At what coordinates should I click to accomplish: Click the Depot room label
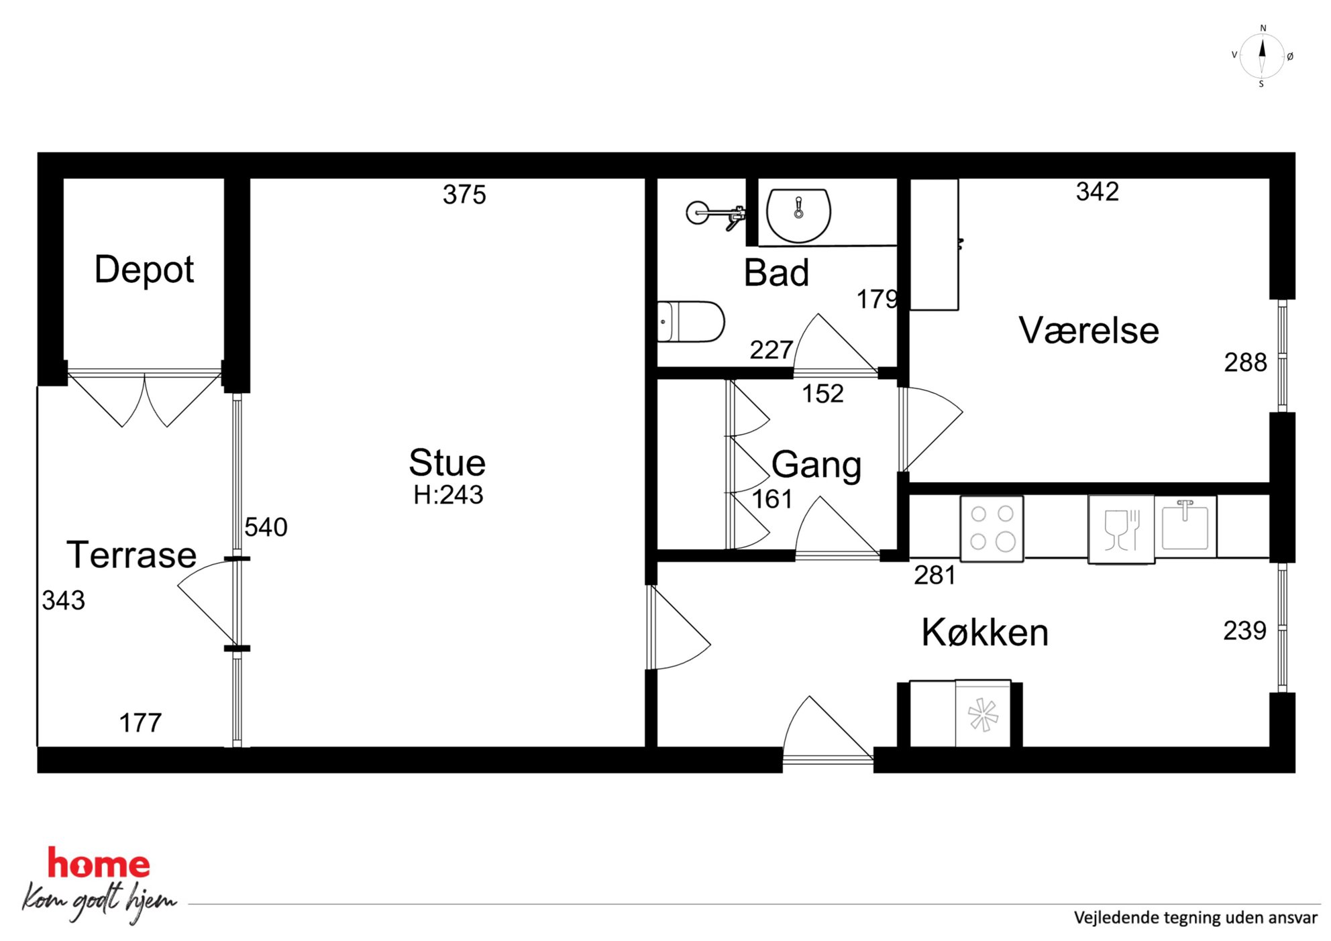coord(144,270)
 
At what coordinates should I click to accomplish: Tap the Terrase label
coord(131,555)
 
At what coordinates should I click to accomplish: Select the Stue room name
coord(447,462)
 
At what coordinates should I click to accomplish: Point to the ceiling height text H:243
coord(448,495)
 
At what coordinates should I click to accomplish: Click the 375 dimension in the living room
coord(464,195)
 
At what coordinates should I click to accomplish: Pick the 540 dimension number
coord(266,527)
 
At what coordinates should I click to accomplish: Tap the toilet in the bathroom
coord(691,322)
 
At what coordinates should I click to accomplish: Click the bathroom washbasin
coord(798,215)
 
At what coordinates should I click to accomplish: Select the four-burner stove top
coord(992,529)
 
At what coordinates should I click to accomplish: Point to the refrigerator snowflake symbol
coord(983,715)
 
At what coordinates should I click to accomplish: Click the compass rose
coord(1262,56)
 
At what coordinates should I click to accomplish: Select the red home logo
coord(99,863)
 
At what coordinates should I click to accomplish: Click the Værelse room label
coord(1089,330)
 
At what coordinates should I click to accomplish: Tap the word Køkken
coord(985,632)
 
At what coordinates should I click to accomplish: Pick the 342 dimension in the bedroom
coord(1098,192)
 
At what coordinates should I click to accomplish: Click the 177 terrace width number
coord(140,723)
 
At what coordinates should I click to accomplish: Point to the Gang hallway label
coord(816,465)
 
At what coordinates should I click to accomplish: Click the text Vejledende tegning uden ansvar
coord(1195,918)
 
